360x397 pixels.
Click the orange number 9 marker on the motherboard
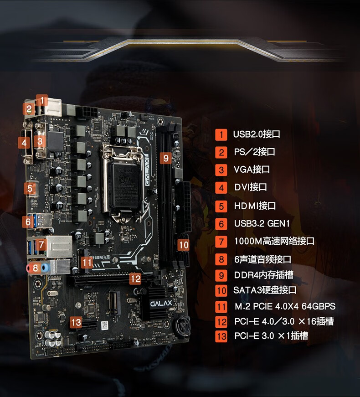point(166,158)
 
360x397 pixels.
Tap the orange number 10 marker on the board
point(183,245)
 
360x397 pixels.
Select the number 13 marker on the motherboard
point(77,323)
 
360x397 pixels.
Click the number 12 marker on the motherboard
point(135,278)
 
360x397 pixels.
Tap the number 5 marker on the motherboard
point(30,188)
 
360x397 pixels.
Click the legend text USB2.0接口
point(256,134)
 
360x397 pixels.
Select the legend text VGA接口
point(252,170)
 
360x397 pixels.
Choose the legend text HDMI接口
point(255,206)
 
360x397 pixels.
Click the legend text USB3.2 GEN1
point(262,224)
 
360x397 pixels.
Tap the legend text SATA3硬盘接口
point(265,290)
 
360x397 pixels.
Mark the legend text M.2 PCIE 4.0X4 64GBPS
point(284,306)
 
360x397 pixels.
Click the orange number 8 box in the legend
point(221,260)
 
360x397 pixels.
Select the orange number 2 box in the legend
point(221,153)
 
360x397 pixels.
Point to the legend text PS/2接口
point(254,152)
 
